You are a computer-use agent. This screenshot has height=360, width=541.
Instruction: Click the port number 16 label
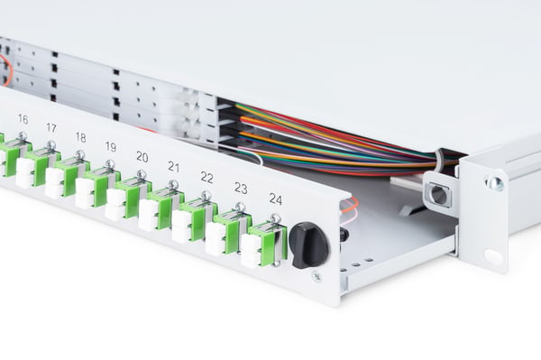coord(23,119)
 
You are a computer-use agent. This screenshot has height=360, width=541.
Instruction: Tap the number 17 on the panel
coord(51,128)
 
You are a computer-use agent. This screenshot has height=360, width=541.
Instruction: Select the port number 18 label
coord(80,137)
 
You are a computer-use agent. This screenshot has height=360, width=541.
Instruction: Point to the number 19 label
coord(110,147)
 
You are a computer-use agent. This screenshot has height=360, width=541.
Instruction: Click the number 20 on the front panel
coord(142,157)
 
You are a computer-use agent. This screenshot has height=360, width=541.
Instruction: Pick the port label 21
coord(173,167)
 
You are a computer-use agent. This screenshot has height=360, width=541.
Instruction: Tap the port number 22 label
coord(206,178)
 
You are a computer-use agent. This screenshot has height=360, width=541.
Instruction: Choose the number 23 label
coord(241,188)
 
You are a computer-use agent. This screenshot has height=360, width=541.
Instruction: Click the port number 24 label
coord(276,199)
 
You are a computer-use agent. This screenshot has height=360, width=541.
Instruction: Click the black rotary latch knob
coord(308,245)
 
